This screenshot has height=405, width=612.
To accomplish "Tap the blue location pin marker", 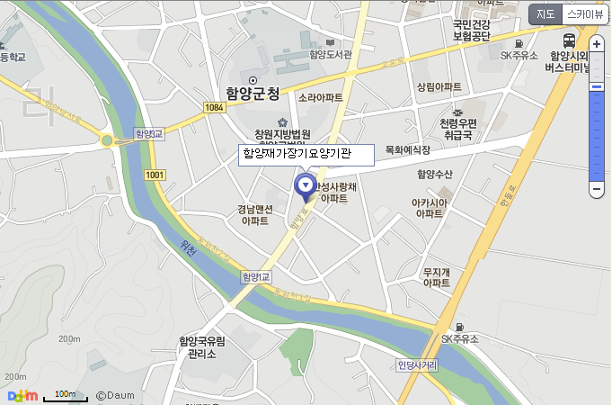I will [306, 187].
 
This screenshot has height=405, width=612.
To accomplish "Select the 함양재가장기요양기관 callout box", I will [306, 154].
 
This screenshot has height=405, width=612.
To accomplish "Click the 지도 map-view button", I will [545, 13].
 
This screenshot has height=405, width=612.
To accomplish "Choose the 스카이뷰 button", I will [585, 13].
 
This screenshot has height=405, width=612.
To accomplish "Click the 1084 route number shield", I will [214, 108].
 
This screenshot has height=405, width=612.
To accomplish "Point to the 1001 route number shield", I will [155, 175].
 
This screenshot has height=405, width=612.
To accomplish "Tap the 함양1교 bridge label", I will [256, 277].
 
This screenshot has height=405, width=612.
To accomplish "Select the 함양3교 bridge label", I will [146, 133].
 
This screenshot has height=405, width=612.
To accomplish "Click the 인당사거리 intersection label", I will [417, 365].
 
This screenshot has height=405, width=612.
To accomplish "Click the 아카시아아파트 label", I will [430, 209].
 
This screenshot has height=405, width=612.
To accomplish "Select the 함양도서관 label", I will [331, 54].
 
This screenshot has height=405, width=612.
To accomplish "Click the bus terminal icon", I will [570, 40].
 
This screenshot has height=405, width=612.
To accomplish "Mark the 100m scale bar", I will [65, 396].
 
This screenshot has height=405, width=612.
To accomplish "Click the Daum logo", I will [22, 395].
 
